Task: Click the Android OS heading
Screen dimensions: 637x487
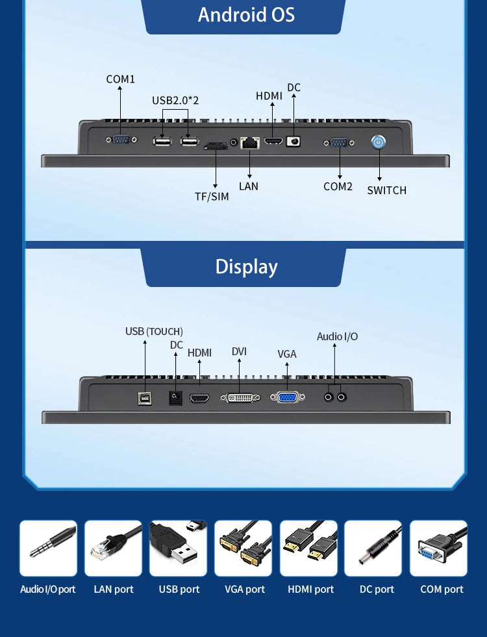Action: tap(246, 14)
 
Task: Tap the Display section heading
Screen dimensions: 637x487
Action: tap(246, 267)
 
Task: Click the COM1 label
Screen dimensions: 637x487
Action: tap(120, 79)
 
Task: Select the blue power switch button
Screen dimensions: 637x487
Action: tap(379, 142)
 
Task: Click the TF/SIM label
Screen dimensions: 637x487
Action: tap(212, 196)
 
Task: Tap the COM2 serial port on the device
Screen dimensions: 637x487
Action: tap(339, 142)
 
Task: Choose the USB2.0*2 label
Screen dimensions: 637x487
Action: tap(175, 101)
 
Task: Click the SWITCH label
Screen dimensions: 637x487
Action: tap(386, 190)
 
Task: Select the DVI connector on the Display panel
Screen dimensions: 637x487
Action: tap(240, 397)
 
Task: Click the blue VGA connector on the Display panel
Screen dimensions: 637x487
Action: tap(286, 397)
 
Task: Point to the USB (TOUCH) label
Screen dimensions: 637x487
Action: tap(154, 331)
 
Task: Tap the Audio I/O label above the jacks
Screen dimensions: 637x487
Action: tap(337, 336)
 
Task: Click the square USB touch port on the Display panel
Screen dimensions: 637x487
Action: tap(144, 397)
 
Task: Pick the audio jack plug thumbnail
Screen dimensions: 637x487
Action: tap(48, 548)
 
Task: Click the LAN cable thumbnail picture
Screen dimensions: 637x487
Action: tap(113, 548)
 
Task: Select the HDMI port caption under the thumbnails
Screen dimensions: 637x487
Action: tap(310, 590)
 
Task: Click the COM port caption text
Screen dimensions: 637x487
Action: tap(442, 590)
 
